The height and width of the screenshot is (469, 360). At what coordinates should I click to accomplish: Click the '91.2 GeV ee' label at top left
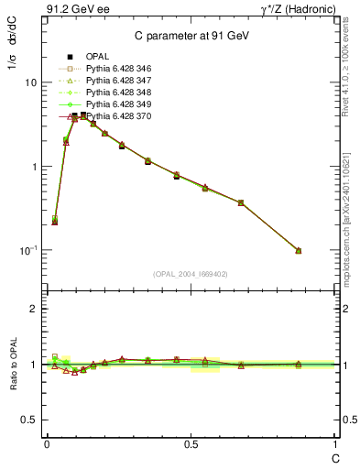pyautogui.click(x=72, y=9)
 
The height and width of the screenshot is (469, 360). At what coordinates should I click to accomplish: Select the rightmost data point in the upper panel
pyautogui.click(x=299, y=250)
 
